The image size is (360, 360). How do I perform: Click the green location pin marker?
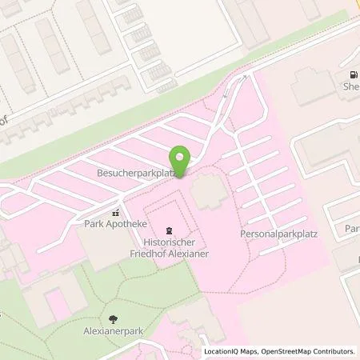coord(181,160)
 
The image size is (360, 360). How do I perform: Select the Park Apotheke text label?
coord(111,225)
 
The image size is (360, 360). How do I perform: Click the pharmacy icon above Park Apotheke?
coord(115,213)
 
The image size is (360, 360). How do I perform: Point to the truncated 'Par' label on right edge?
coord(351,229)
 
